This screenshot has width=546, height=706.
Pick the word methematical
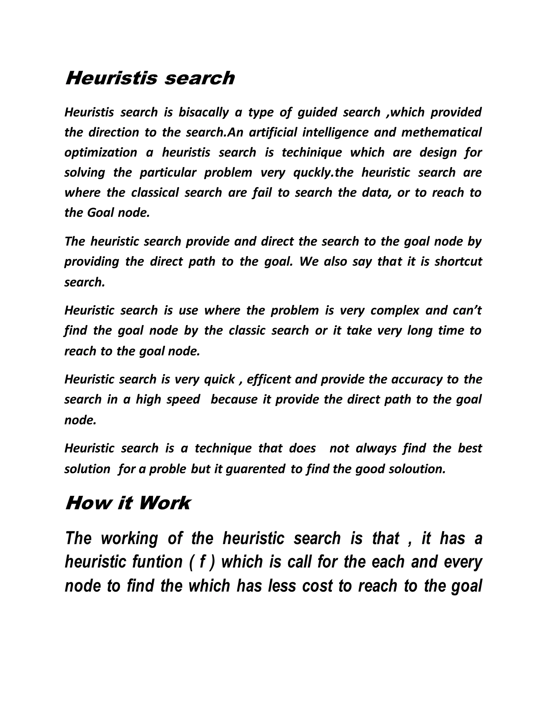(441, 132)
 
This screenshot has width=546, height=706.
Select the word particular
(168, 173)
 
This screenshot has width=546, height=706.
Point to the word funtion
(158, 562)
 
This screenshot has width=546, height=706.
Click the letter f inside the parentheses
(202, 562)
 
